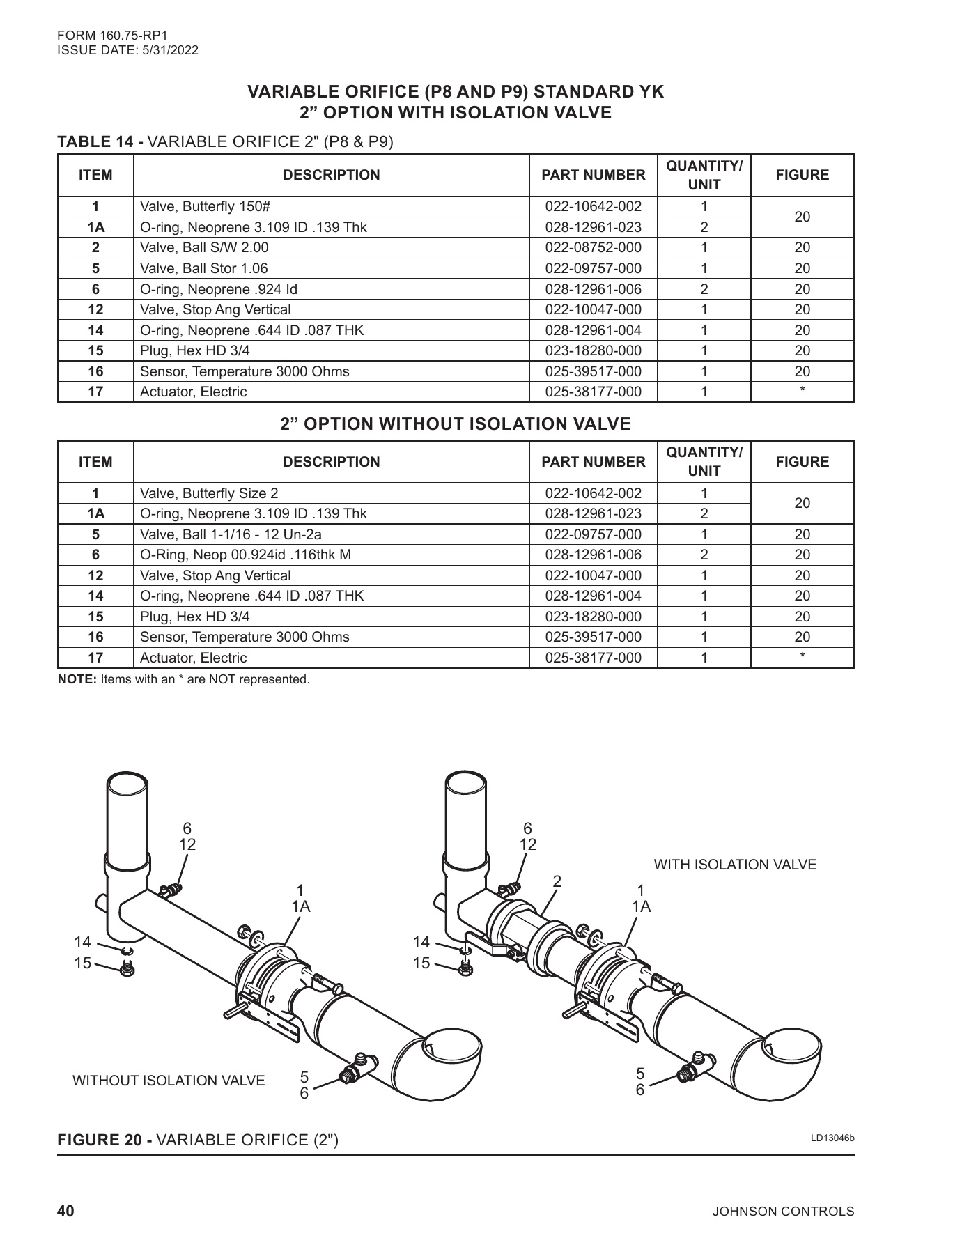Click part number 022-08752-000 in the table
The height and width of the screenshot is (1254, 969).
[593, 248]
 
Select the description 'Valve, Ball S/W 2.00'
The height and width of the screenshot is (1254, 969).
[204, 248]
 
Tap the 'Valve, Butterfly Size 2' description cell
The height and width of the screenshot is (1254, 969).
[209, 494]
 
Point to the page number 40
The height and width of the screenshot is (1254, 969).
[65, 1211]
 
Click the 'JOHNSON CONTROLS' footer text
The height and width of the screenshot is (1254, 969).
[782, 1212]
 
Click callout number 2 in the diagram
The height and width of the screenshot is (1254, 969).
[557, 881]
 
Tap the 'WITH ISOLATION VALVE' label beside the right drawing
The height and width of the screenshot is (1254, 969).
[734, 865]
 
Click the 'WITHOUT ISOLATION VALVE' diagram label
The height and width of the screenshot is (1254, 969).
[169, 1081]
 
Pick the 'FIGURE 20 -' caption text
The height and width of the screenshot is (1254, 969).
[105, 1140]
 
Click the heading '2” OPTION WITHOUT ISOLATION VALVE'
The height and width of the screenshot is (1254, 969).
[456, 424]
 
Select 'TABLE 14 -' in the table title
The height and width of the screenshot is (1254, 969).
[100, 142]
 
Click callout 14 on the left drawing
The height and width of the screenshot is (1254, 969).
[82, 943]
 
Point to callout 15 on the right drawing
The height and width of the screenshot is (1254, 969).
[421, 963]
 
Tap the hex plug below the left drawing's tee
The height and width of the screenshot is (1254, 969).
[127, 968]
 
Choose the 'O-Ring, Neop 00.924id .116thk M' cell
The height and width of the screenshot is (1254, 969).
[245, 555]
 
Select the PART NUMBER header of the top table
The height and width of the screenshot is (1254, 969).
[593, 176]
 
